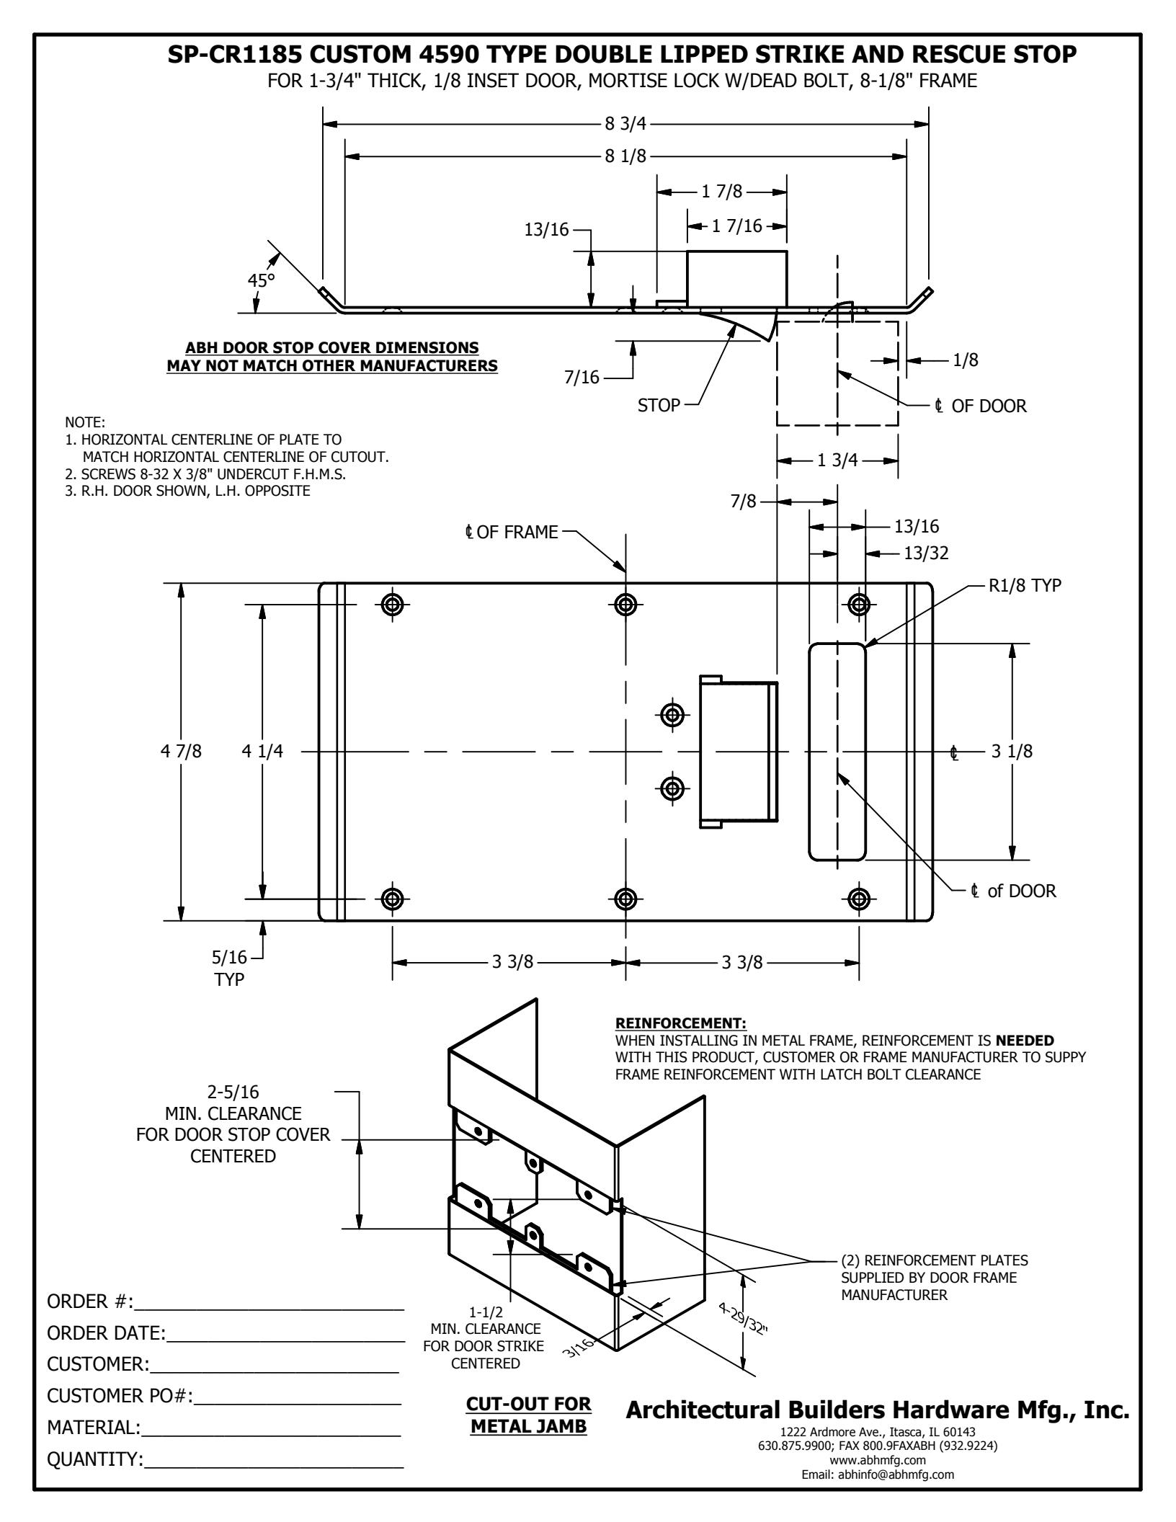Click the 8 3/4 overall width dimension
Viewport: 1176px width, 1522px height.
point(625,124)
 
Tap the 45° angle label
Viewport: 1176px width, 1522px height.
point(262,280)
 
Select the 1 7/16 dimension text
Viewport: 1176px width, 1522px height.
point(736,226)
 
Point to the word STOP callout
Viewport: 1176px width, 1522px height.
point(659,405)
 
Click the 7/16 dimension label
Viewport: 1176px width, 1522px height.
point(582,377)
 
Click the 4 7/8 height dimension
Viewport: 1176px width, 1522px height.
point(182,752)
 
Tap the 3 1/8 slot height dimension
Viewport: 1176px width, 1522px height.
point(1012,752)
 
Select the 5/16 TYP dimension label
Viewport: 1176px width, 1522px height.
point(229,969)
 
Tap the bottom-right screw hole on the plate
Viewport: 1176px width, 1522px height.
point(858,899)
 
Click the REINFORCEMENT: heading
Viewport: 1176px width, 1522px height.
point(681,1024)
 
